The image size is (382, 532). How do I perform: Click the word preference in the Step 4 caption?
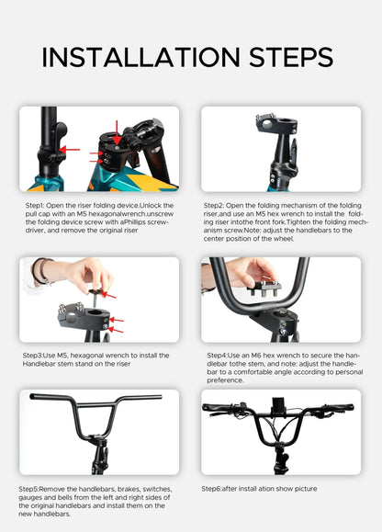[x=226, y=379]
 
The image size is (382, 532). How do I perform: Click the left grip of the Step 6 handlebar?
[x=214, y=407]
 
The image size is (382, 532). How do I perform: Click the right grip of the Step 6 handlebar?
[x=343, y=407]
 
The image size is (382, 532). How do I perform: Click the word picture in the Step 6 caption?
[x=302, y=489]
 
